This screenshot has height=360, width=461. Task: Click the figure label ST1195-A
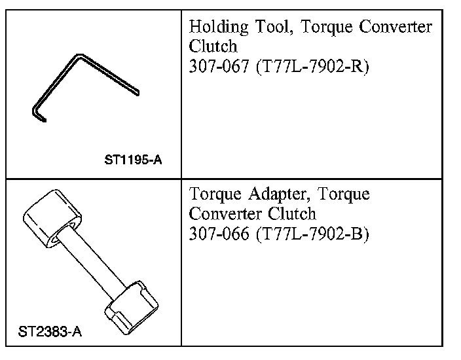[133, 160]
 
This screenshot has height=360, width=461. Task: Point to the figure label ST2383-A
[50, 331]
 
